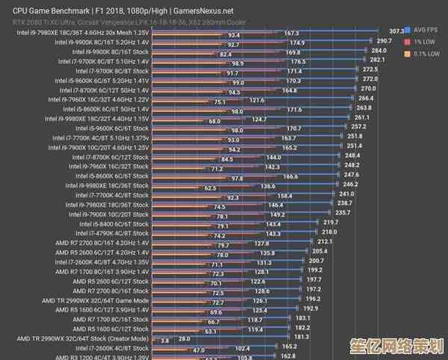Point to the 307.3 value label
396,31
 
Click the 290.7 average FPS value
385,40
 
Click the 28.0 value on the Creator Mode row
184,338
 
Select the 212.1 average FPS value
325,241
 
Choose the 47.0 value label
199,350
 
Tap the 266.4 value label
366,98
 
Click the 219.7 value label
331,222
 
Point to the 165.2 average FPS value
290,347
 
